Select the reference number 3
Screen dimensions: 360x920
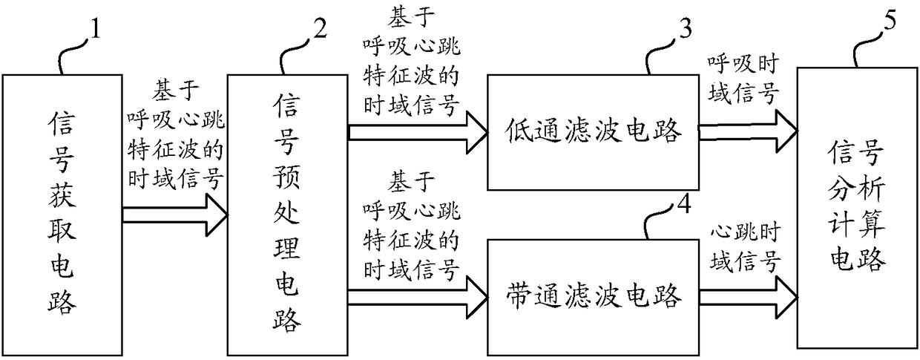tap(683, 30)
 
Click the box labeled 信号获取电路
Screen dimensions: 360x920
tap(63, 212)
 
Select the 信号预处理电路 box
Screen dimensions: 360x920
tap(286, 212)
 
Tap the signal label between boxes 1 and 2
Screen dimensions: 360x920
tap(175, 136)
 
